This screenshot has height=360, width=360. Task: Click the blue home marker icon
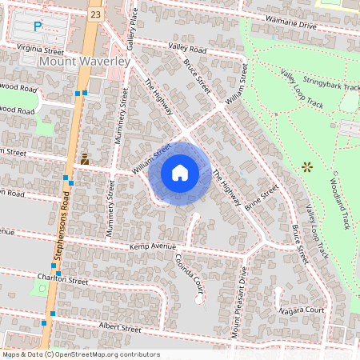click(x=180, y=173)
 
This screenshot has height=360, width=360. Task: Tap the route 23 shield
click(x=95, y=14)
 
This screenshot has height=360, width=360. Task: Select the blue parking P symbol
click(x=37, y=26)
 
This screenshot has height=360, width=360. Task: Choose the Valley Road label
click(x=187, y=49)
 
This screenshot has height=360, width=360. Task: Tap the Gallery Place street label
click(x=133, y=25)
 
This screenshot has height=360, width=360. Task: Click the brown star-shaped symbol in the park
click(x=306, y=166)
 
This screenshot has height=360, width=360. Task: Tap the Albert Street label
click(x=119, y=328)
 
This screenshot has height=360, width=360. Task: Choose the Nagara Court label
click(x=301, y=310)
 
